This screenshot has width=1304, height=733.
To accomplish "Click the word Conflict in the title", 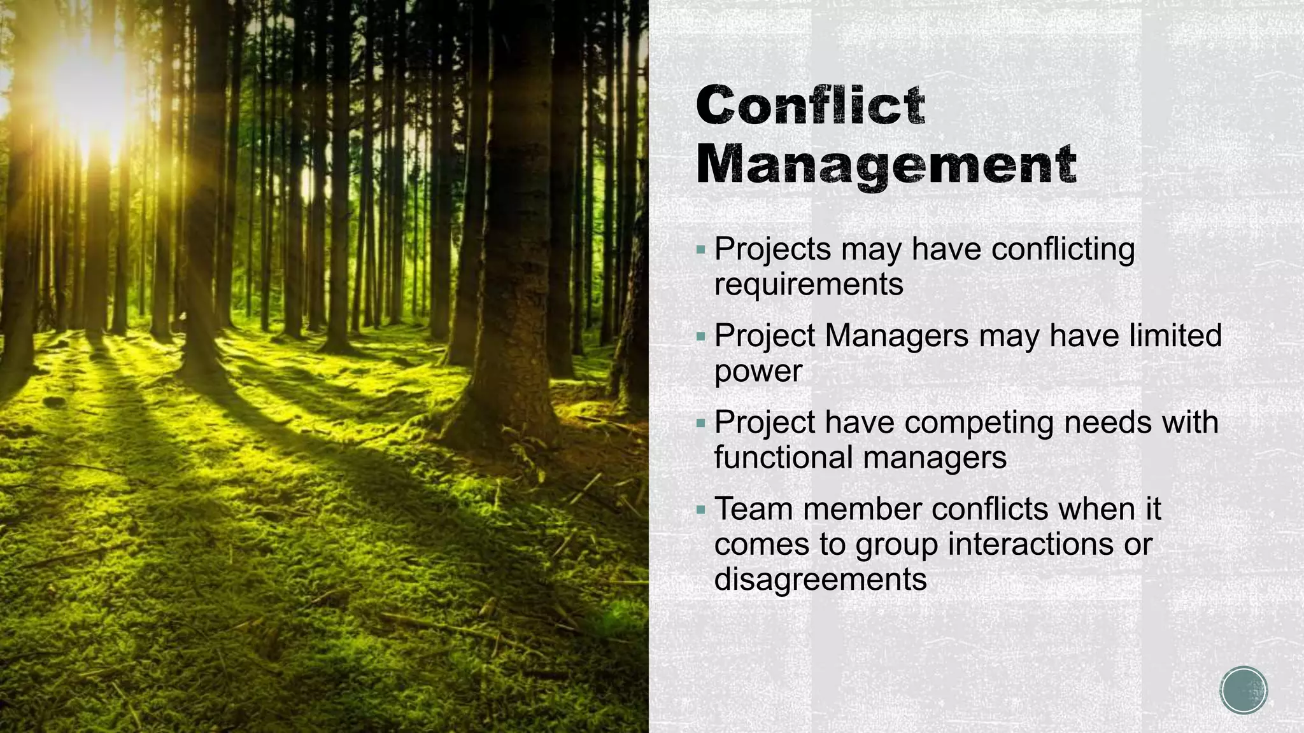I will pos(810,105).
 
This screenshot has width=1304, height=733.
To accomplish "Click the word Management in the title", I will pos(886,165).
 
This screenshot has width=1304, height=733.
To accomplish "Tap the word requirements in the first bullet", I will pos(809,284).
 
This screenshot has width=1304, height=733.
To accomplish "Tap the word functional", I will pos(788,457).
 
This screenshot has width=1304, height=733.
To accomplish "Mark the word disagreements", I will pos(820,580).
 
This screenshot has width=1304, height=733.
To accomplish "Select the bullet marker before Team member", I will pos(701,510).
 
